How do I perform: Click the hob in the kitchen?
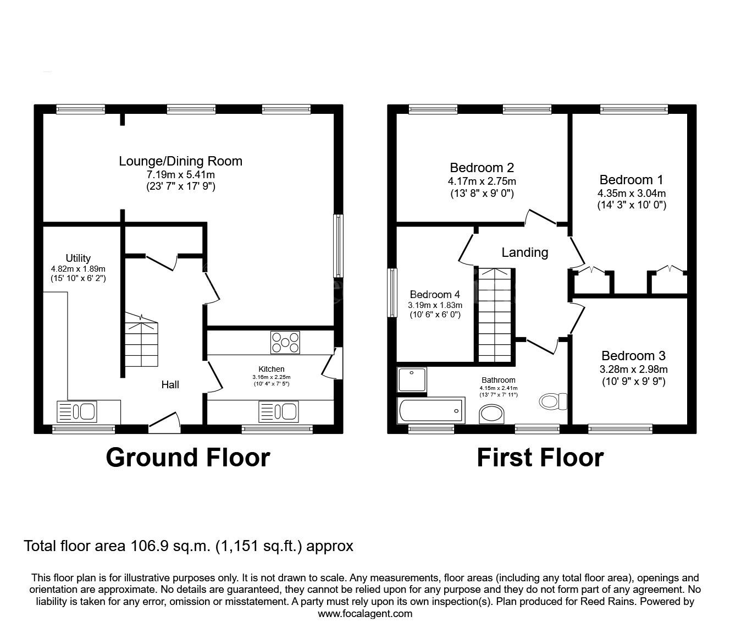[x=285, y=342]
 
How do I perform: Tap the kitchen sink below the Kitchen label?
[x=278, y=411]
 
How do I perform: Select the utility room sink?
[x=76, y=411]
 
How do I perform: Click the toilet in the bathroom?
[x=553, y=401]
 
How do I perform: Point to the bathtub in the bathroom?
[x=431, y=410]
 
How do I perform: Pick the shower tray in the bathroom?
[x=412, y=379]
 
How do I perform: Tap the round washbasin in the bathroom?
[x=491, y=414]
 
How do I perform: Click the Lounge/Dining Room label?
[x=180, y=161]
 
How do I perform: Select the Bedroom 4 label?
[x=435, y=294]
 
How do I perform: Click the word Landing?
[x=525, y=252]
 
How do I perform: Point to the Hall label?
[x=170, y=384]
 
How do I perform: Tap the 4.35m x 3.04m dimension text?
[x=632, y=194]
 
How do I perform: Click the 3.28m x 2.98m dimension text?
[x=634, y=370]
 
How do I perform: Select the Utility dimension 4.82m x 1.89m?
[x=78, y=268]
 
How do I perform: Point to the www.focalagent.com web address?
[x=365, y=614]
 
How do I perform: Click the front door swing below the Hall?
[x=164, y=422]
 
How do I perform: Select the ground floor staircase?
[x=141, y=340]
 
